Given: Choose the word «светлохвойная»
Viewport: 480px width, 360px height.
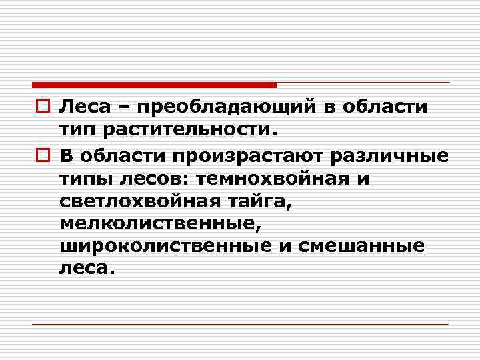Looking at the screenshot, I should (137, 202).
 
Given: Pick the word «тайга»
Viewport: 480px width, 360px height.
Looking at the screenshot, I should (251, 202).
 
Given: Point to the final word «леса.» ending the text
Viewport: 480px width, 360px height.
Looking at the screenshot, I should (87, 267).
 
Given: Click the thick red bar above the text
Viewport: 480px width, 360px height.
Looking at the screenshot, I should (154, 85).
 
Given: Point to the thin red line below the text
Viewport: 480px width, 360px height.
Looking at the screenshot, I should (241, 324).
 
